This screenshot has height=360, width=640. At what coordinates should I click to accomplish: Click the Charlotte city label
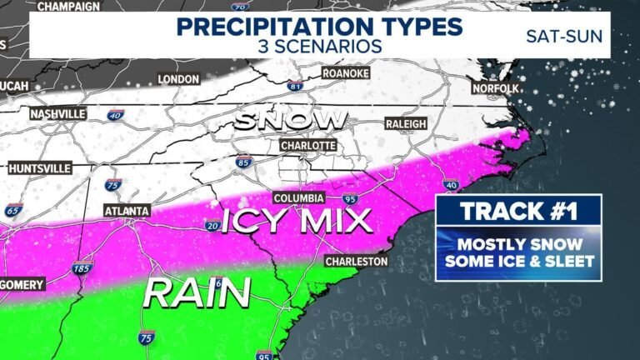point(307,145)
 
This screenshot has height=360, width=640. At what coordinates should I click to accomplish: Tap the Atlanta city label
point(127,212)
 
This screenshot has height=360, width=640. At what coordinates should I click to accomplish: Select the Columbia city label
point(298,198)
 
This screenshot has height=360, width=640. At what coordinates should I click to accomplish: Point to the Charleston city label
point(357,262)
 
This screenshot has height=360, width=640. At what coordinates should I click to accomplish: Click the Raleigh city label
point(406,123)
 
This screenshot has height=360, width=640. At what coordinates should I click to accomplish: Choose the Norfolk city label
point(495,87)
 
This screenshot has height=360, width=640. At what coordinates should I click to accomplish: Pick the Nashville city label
point(57,113)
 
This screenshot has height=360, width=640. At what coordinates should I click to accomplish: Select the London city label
point(179,79)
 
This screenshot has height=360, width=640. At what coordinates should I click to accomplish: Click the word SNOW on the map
point(290,120)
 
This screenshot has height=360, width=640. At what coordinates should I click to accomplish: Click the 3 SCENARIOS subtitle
point(319,46)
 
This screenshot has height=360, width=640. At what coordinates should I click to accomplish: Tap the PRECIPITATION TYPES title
point(319,25)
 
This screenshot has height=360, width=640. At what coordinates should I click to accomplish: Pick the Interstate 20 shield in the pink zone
point(212,225)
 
